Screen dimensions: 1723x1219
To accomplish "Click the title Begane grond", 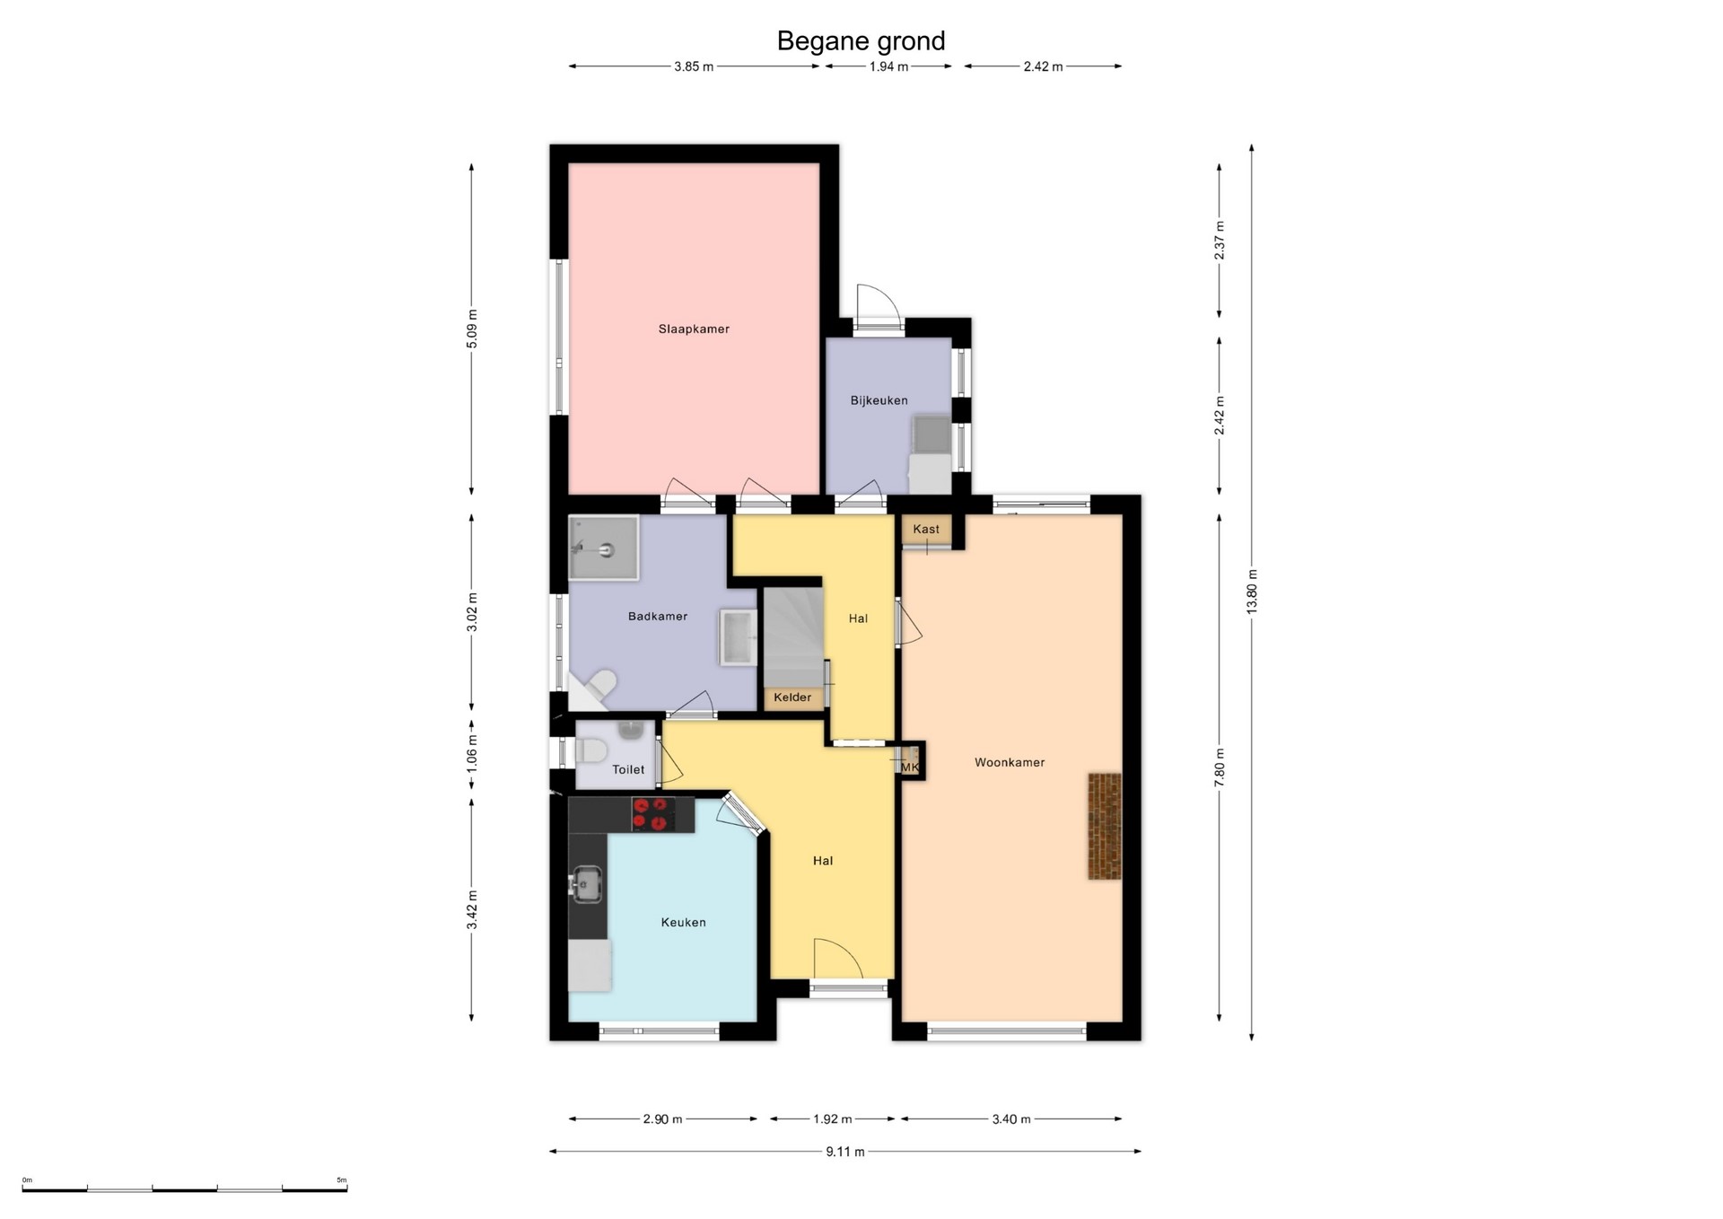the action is pyautogui.click(x=861, y=41).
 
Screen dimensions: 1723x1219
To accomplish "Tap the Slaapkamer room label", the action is pyautogui.click(x=694, y=329).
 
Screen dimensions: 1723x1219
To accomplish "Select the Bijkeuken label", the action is pyautogui.click(x=879, y=400).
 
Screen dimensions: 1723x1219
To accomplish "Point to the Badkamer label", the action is pyautogui.click(x=658, y=617).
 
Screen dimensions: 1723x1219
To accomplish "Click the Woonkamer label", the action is pyautogui.click(x=1010, y=763).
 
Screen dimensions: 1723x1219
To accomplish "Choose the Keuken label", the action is pyautogui.click(x=684, y=923).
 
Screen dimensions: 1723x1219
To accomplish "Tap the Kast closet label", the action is pyautogui.click(x=926, y=530).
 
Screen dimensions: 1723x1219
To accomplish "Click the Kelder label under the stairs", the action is pyautogui.click(x=792, y=697).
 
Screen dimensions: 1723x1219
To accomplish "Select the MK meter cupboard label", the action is pyautogui.click(x=910, y=768).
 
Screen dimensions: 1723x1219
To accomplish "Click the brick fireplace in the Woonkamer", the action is pyautogui.click(x=1105, y=827).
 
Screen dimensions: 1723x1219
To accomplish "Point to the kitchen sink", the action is pyautogui.click(x=588, y=884).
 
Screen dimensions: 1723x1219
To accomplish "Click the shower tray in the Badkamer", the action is pyautogui.click(x=603, y=548).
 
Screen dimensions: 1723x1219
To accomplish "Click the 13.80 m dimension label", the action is pyautogui.click(x=1252, y=592).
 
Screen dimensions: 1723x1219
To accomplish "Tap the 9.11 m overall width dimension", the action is pyautogui.click(x=845, y=1152).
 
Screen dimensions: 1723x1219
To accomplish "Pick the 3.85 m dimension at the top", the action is pyautogui.click(x=694, y=66).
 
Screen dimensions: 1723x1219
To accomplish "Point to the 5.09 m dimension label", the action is pyautogui.click(x=472, y=329).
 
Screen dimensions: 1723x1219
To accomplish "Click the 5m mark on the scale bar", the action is pyautogui.click(x=342, y=1180).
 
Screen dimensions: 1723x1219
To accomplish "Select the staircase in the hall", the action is pyautogui.click(x=792, y=637).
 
